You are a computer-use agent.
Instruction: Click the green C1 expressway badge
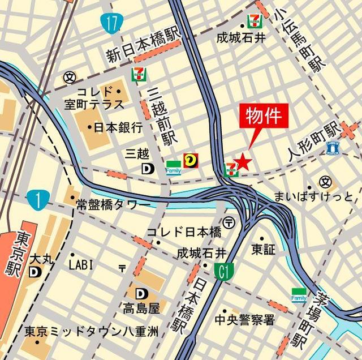click(x=224, y=273)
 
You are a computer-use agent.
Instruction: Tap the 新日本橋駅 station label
click(x=144, y=47)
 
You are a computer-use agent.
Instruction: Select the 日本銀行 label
click(x=119, y=127)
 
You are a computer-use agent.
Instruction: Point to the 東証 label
click(x=264, y=248)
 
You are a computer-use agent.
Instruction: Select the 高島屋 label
click(x=140, y=308)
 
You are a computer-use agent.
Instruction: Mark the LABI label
click(x=81, y=264)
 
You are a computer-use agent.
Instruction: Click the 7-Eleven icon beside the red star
click(x=230, y=169)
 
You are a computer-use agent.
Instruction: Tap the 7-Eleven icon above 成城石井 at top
click(x=253, y=22)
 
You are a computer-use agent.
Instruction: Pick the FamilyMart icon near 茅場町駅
click(x=299, y=295)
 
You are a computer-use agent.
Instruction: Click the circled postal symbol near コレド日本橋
click(x=230, y=222)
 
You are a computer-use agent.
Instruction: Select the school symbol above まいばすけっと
click(x=325, y=182)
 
